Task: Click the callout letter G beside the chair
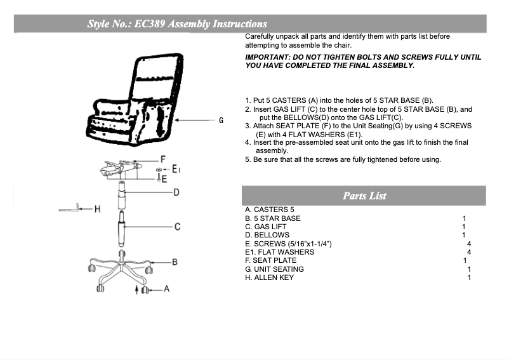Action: pyautogui.click(x=221, y=119)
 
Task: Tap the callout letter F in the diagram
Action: pyautogui.click(x=163, y=159)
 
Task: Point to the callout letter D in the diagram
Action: pyautogui.click(x=177, y=192)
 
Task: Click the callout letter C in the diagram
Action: pyautogui.click(x=178, y=227)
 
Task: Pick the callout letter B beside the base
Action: pyautogui.click(x=175, y=262)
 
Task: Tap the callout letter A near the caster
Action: pyautogui.click(x=166, y=289)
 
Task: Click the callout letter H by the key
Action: pyautogui.click(x=97, y=209)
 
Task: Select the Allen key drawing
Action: pyautogui.click(x=70, y=208)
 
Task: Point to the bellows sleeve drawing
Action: pyautogui.click(x=121, y=196)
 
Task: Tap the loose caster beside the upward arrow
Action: pyautogui.click(x=145, y=290)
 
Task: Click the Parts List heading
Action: pyautogui.click(x=364, y=196)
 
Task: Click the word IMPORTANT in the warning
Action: pyautogui.click(x=265, y=57)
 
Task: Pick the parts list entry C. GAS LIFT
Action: pyautogui.click(x=266, y=227)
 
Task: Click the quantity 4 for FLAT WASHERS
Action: pyautogui.click(x=468, y=252)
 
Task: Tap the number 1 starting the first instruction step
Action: pyautogui.click(x=248, y=101)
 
